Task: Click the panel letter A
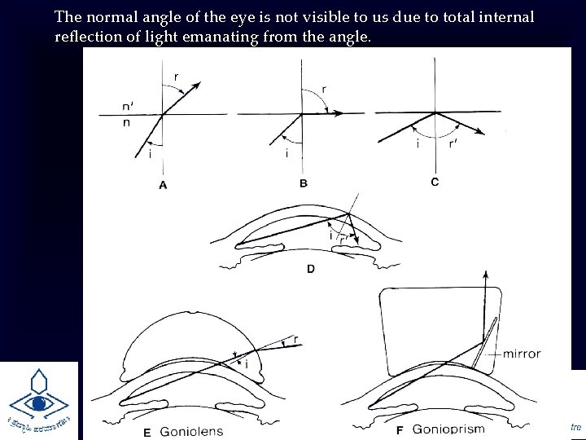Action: tap(163, 186)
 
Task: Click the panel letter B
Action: tap(303, 183)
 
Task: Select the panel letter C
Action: tap(435, 182)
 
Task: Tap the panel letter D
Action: tap(310, 268)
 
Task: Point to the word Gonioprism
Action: tap(448, 429)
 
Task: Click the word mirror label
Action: tap(522, 354)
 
